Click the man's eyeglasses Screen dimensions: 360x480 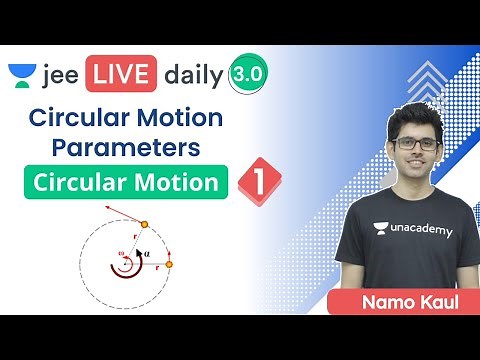(407, 142)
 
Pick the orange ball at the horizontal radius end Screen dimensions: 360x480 (169, 265)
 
